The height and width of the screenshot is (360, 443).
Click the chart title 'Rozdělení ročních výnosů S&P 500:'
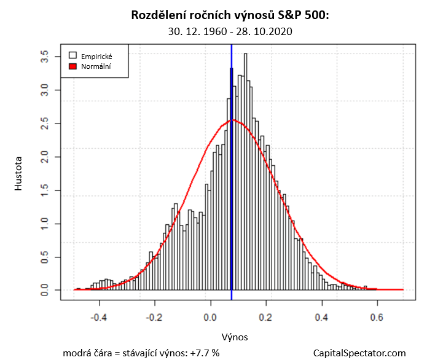[230, 15]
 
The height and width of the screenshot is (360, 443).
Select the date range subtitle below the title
[230, 31]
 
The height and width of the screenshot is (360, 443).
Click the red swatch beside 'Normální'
[73, 66]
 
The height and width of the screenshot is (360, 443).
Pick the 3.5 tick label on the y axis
[45, 57]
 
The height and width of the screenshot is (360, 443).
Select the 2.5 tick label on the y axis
[45, 123]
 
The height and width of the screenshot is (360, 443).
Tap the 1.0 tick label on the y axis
[45, 223]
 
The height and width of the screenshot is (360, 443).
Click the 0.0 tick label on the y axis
[45, 289]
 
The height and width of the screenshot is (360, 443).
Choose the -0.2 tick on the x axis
[155, 318]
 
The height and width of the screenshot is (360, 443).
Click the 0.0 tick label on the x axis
[211, 318]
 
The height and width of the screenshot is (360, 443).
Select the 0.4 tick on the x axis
[321, 318]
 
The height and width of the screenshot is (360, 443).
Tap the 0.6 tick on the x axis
[377, 318]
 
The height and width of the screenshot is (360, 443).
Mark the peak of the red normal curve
[232, 120]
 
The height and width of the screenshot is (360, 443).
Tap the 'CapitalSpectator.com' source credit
[359, 353]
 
